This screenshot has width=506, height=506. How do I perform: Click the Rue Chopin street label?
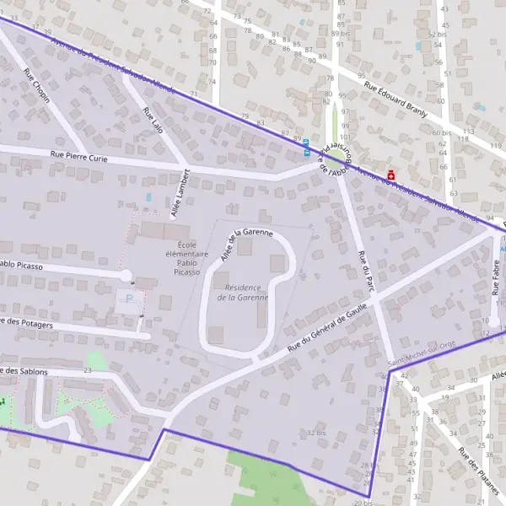[x=37, y=86]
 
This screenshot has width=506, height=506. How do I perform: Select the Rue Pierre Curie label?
[x=81, y=155]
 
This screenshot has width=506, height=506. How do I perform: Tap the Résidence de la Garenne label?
[x=243, y=292]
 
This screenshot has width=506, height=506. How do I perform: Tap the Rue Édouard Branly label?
[x=396, y=97]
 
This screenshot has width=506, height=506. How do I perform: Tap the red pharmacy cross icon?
[x=390, y=176]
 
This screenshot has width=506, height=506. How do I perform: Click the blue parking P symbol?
[x=129, y=299]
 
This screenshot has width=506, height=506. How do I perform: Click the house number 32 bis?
[x=316, y=433]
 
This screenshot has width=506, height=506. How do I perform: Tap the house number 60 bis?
[x=441, y=132]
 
